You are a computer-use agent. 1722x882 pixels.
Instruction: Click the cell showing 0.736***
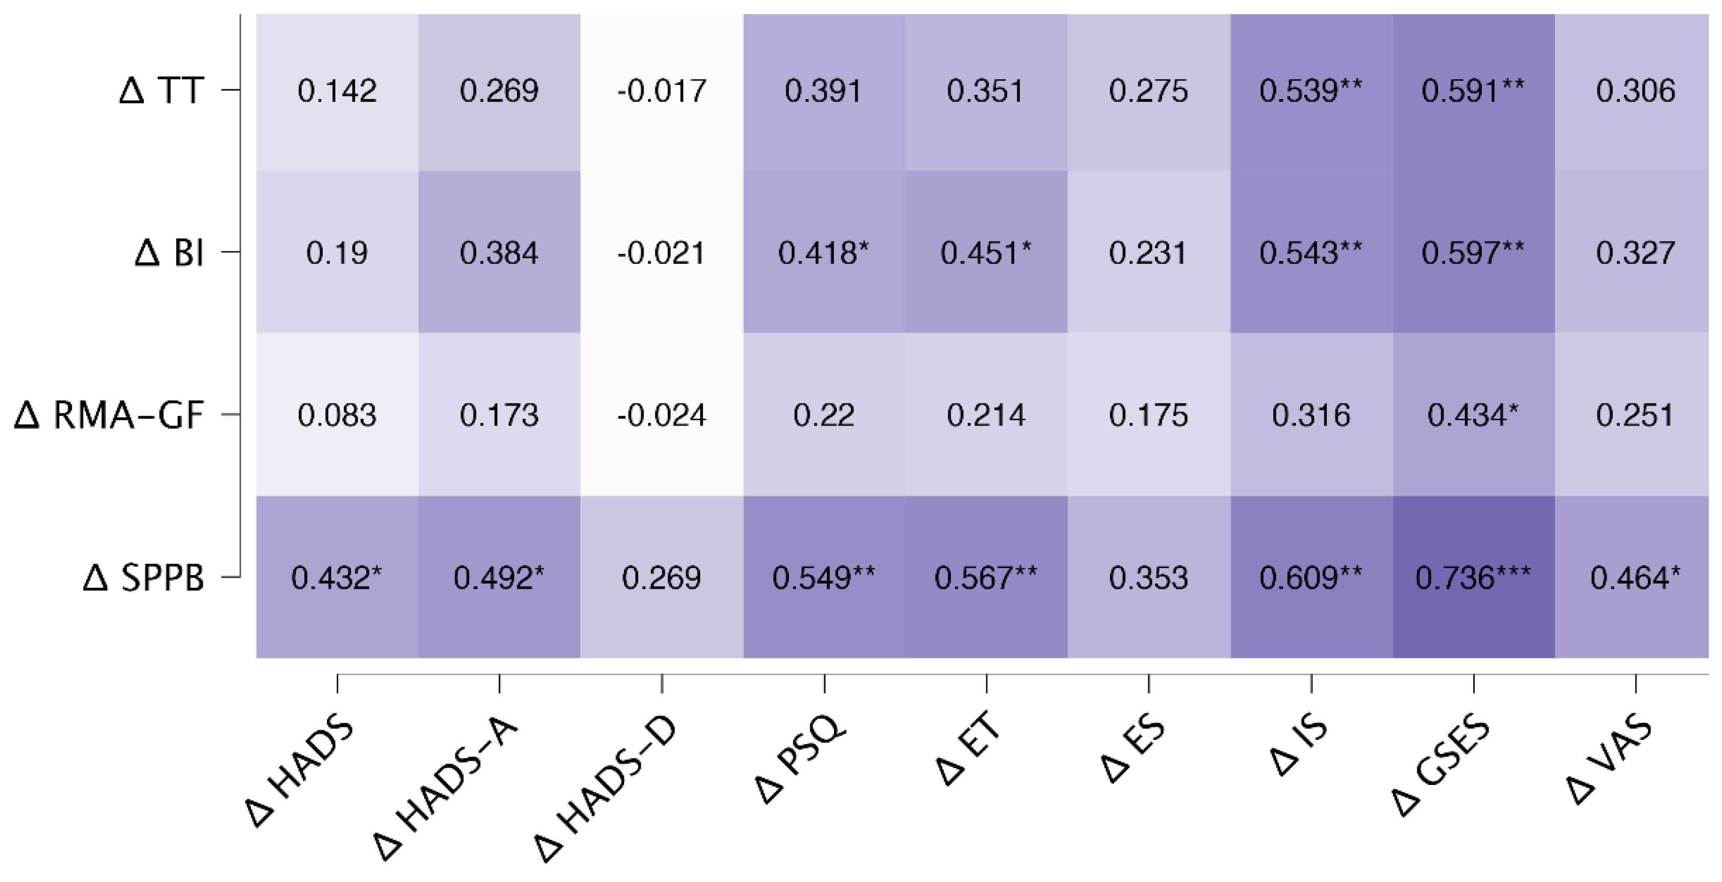[1473, 577]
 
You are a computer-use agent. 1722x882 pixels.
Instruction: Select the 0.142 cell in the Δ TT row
[337, 91]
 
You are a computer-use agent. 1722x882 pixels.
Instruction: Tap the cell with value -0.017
[661, 91]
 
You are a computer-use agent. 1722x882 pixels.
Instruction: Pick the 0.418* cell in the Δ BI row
[823, 252]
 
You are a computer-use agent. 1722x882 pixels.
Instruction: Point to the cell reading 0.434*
[1473, 415]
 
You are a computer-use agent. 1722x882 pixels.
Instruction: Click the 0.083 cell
[337, 415]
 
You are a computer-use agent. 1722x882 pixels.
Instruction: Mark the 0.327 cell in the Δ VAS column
[1635, 252]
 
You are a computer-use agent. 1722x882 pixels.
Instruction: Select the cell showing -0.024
[661, 415]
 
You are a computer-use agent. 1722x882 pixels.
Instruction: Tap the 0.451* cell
[986, 252]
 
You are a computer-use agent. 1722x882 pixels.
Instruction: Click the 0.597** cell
[1473, 252]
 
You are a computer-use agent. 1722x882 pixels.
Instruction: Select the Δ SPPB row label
[143, 577]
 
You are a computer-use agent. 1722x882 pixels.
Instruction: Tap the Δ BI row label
[169, 252]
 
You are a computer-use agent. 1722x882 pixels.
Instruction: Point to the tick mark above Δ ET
[987, 684]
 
